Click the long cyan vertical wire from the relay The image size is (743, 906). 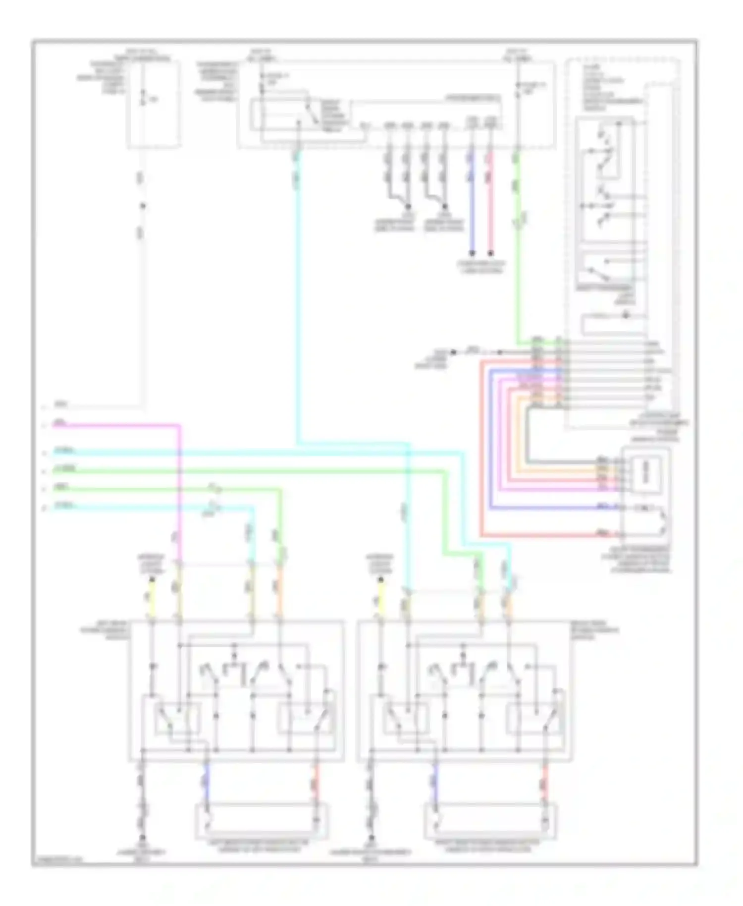[297, 297]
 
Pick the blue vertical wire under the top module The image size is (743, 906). [472, 208]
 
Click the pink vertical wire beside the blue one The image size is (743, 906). [490, 208]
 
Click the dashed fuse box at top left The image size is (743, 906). [154, 104]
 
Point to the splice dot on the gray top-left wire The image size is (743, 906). [143, 206]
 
